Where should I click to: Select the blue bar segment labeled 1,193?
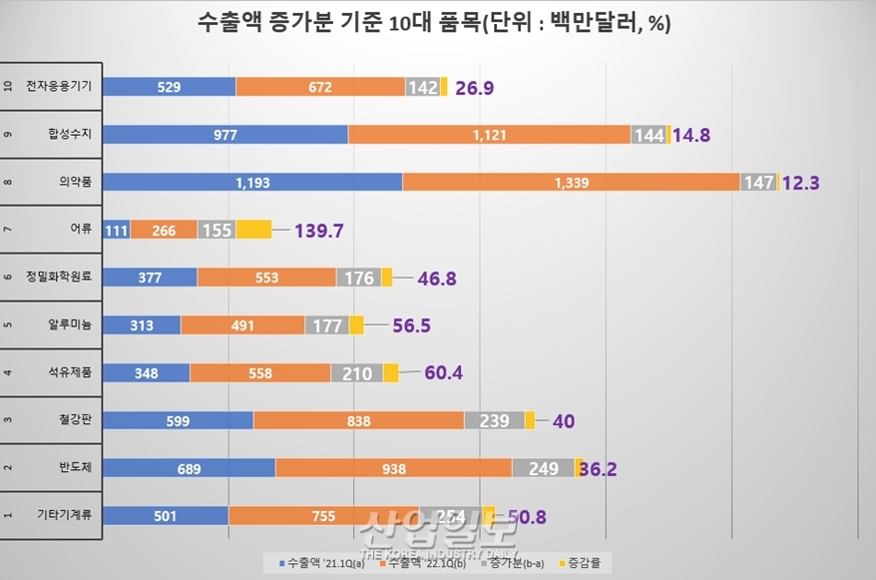(252, 182)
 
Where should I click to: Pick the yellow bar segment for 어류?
(253, 230)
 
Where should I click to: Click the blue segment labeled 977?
(225, 134)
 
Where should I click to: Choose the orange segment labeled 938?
(393, 468)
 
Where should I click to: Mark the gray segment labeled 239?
(495, 420)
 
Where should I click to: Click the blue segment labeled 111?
(117, 230)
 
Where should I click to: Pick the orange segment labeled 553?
(266, 278)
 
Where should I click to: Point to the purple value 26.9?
(476, 87)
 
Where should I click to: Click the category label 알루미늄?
(68, 325)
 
